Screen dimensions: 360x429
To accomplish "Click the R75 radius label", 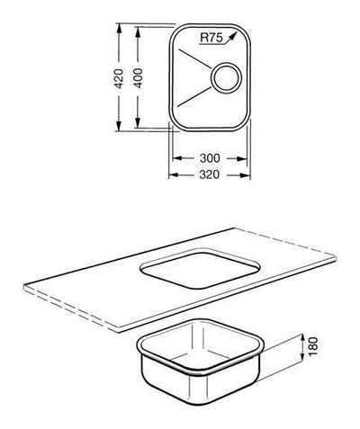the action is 211,38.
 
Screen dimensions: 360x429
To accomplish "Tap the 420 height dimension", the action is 119,78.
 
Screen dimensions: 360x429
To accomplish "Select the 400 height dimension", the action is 138,78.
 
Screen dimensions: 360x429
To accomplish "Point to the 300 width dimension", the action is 210,158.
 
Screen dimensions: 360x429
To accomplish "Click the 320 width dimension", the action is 210,174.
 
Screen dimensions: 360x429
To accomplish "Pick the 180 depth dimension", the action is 313,346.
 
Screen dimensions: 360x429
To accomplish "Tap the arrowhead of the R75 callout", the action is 232,36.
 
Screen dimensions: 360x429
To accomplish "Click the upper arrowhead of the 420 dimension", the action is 119,29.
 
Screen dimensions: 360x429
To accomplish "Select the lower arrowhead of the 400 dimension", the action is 138,123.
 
